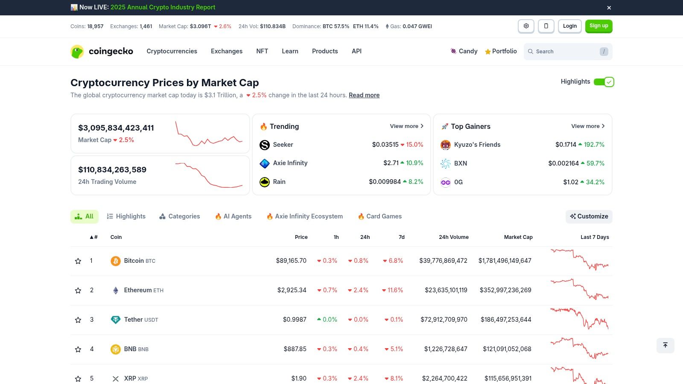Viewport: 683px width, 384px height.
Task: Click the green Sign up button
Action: [598, 26]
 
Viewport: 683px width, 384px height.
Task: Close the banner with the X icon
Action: [609, 8]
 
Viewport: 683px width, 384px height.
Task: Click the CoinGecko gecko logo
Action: [77, 52]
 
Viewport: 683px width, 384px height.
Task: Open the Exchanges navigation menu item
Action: [226, 51]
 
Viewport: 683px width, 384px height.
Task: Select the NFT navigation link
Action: [262, 51]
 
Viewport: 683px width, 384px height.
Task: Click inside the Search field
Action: [563, 52]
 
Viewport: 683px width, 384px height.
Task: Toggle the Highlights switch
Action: [604, 82]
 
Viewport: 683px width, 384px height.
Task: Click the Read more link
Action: [364, 95]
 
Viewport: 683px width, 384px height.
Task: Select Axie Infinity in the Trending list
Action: [290, 163]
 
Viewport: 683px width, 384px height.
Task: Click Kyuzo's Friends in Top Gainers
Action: [477, 145]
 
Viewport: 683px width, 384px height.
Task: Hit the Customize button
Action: [589, 216]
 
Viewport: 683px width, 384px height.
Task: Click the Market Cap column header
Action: [518, 237]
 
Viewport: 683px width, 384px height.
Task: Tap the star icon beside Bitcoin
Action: [78, 261]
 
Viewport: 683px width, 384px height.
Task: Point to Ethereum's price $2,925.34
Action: [292, 290]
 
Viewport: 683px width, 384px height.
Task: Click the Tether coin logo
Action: [115, 320]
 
